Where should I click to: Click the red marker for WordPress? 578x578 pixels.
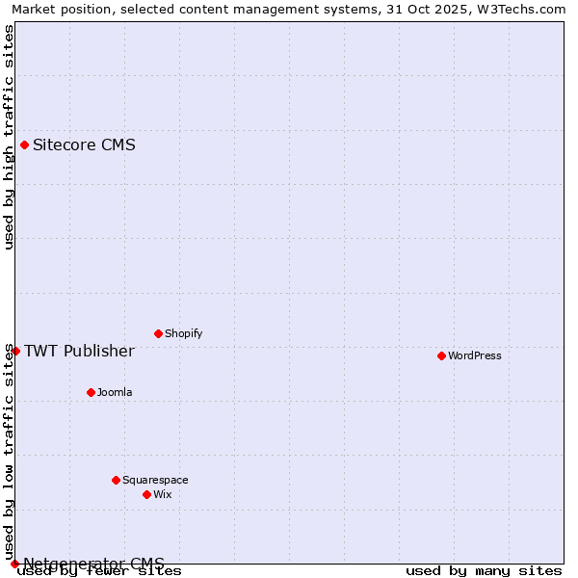point(441,355)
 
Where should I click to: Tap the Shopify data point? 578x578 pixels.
point(158,333)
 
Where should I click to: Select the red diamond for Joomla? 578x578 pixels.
point(91,392)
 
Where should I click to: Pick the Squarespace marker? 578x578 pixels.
point(116,480)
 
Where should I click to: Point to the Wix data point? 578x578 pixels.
point(146,494)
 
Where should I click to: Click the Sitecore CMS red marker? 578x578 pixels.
point(24,145)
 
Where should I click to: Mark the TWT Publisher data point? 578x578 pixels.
point(15,351)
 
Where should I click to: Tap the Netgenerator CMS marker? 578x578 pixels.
point(14,564)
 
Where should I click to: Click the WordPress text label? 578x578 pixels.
point(475,355)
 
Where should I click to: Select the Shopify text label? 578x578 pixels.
point(183,333)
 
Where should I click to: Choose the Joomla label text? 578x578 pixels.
point(115,392)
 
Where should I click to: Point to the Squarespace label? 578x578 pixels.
point(155,480)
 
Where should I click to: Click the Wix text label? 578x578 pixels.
point(163,494)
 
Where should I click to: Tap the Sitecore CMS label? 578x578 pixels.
point(84,145)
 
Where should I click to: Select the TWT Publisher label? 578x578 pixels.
point(79,351)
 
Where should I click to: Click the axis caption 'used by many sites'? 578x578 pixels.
point(484,571)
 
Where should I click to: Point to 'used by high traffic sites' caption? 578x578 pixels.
point(9,137)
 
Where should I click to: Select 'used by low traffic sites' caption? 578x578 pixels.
point(9,451)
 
